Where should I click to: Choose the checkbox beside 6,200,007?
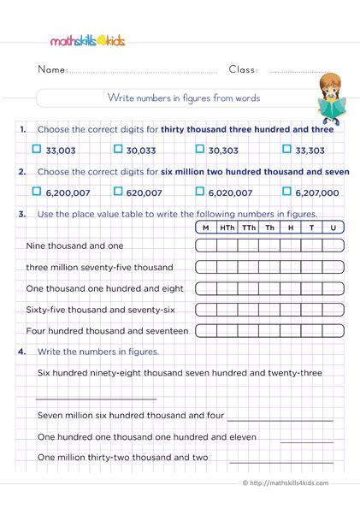pos(36,192)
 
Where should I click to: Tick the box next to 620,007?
pos(118,192)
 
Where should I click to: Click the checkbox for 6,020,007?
pos(202,192)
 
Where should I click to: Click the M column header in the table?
pos(206,228)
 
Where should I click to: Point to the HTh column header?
pos(227,228)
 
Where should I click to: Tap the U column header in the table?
pos(333,228)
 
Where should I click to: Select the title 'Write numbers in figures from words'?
pos(184,98)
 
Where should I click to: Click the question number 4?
pos(22,351)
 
